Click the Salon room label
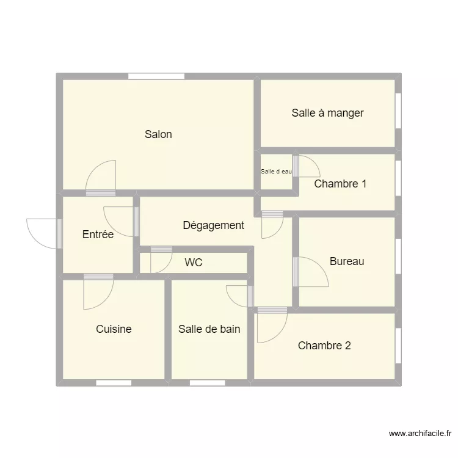pos(158,134)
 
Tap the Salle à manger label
pos(327,112)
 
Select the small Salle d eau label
pos(276,172)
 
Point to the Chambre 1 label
pos(340,183)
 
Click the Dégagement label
pos(213,225)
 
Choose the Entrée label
pos(98,234)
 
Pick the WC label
pos(194,263)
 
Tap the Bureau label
pos(347,261)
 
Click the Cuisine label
pos(114,329)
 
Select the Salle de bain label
pos(209,329)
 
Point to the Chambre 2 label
pos(324,346)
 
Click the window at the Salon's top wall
pos(156,76)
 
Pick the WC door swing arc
pos(162,261)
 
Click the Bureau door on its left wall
pos(311,272)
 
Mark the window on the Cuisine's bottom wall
pos(114,383)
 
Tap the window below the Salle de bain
pos(207,383)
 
